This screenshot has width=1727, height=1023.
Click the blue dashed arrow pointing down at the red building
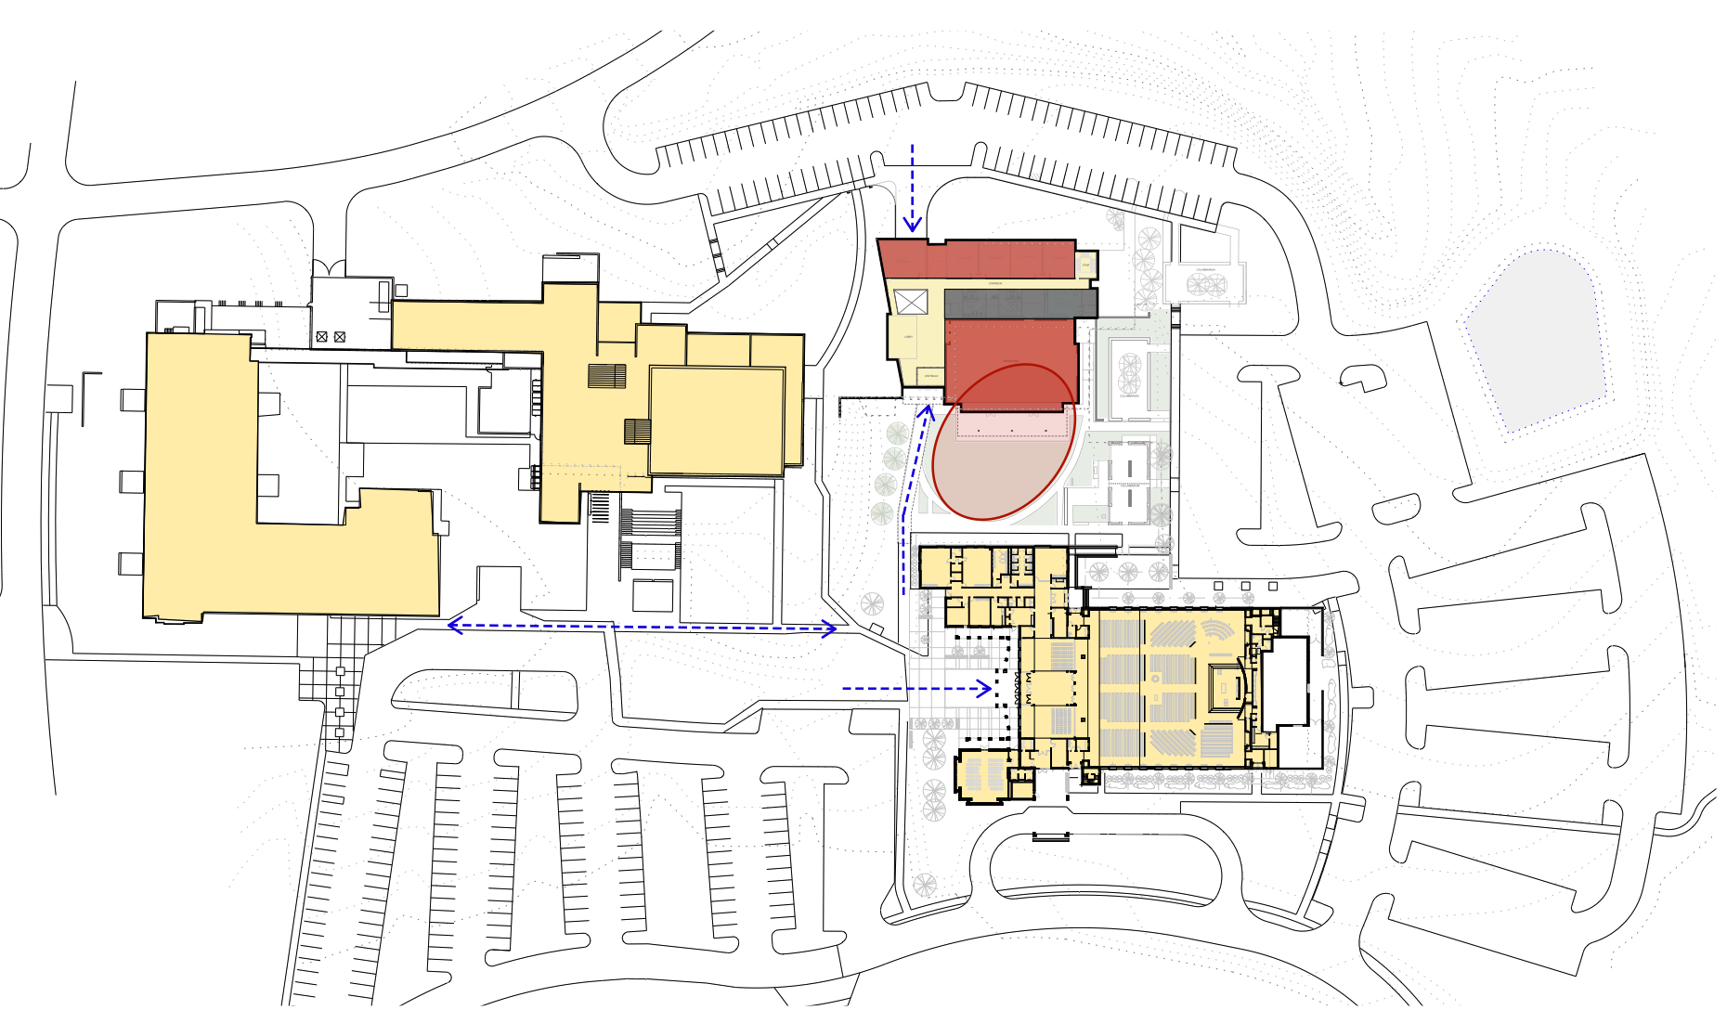913,186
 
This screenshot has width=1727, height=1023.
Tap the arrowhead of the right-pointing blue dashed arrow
985,688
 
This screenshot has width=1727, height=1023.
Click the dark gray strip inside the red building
1020,303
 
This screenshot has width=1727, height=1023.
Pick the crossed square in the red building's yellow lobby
910,301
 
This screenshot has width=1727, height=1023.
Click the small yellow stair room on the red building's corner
1086,265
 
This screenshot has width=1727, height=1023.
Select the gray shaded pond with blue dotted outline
1537,339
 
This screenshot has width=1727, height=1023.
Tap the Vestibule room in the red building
930,376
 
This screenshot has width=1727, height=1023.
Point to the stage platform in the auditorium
1226,688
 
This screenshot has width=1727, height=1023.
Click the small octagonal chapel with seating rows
982,773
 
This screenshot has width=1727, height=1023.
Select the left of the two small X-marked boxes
321,337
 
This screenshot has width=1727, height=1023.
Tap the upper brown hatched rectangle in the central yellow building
606,376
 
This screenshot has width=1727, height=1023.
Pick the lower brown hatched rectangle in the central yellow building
637,432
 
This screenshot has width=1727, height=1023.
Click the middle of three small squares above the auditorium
1246,586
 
